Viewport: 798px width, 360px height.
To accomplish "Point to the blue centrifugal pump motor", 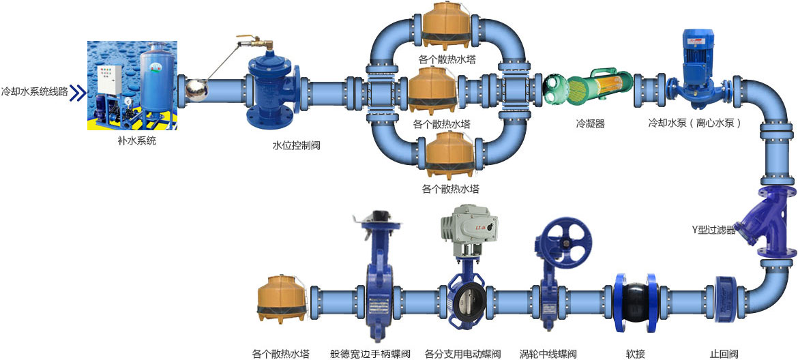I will (698, 51).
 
